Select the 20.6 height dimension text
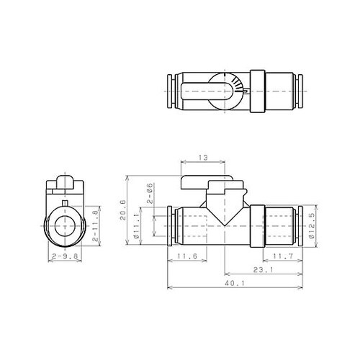coord(127,212)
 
